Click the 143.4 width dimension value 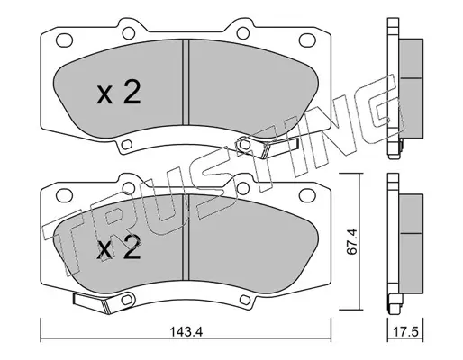[186, 332]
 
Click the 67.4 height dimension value [351, 242]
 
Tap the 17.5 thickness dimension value [405, 332]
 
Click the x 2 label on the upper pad [119, 93]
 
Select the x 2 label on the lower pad [119, 247]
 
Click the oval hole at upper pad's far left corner [64, 40]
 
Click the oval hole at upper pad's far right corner [307, 40]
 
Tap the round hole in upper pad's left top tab [129, 33]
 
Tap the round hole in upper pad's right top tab [243, 33]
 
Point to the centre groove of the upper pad [186, 82]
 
